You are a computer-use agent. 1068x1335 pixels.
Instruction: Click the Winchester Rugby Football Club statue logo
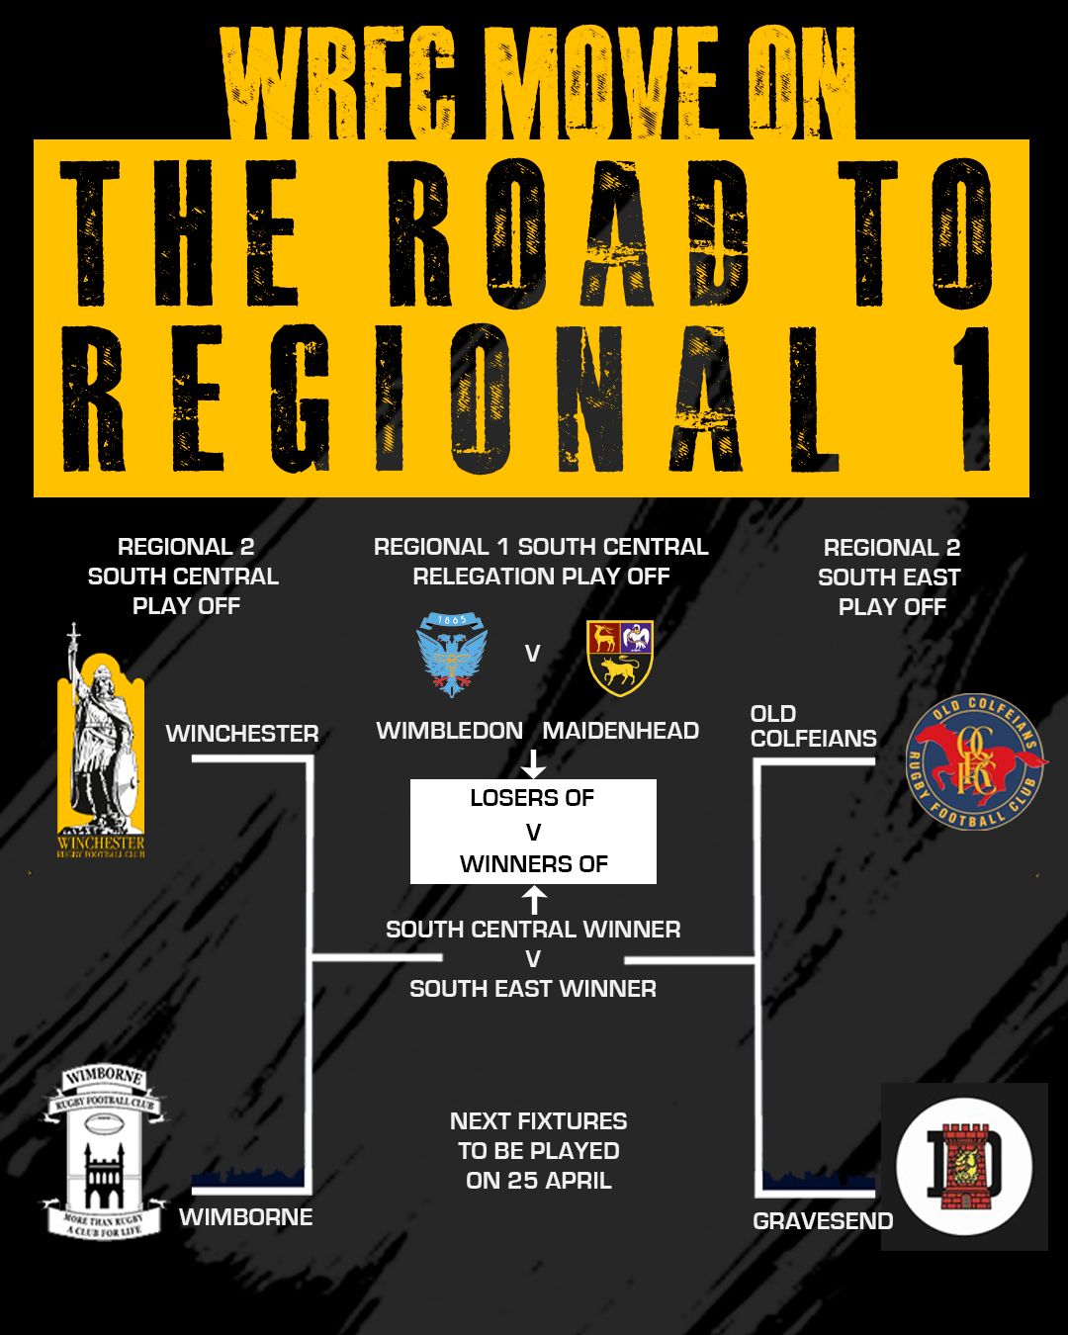(x=101, y=742)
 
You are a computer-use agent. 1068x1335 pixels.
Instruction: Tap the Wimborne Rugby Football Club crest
(x=103, y=1152)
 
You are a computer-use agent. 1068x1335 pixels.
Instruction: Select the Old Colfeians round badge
(x=975, y=761)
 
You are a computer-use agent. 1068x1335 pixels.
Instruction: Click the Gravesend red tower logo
(x=964, y=1167)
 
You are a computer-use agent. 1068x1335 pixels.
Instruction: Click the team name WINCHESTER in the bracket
(x=242, y=734)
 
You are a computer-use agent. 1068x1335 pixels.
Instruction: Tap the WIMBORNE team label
(x=245, y=1217)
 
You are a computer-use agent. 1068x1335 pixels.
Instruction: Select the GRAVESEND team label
(x=823, y=1221)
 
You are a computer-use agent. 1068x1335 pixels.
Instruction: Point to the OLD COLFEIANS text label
(x=813, y=726)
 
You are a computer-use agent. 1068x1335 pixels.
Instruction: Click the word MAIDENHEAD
(x=621, y=731)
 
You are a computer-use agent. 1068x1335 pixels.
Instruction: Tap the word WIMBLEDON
(x=450, y=731)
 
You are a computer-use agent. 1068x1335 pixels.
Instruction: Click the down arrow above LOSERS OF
(x=533, y=763)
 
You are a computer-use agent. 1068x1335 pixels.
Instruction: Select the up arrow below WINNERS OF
(x=533, y=900)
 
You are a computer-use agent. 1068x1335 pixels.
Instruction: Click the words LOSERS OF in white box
(x=532, y=798)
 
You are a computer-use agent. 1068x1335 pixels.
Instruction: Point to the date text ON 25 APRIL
(x=539, y=1181)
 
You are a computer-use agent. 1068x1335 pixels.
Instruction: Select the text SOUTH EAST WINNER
(x=533, y=989)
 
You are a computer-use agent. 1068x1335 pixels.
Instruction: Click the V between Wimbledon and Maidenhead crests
(x=532, y=654)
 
